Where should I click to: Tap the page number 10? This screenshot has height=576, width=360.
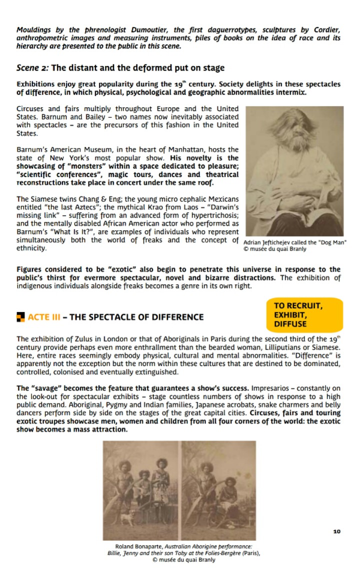tap(337, 531)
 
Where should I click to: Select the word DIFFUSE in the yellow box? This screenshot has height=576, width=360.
tap(290, 324)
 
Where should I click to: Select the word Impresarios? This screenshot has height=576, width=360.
tap(270, 388)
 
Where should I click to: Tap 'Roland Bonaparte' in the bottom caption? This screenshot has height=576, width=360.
tap(133, 547)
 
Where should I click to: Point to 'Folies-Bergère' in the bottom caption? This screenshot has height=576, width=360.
tap(227, 553)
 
